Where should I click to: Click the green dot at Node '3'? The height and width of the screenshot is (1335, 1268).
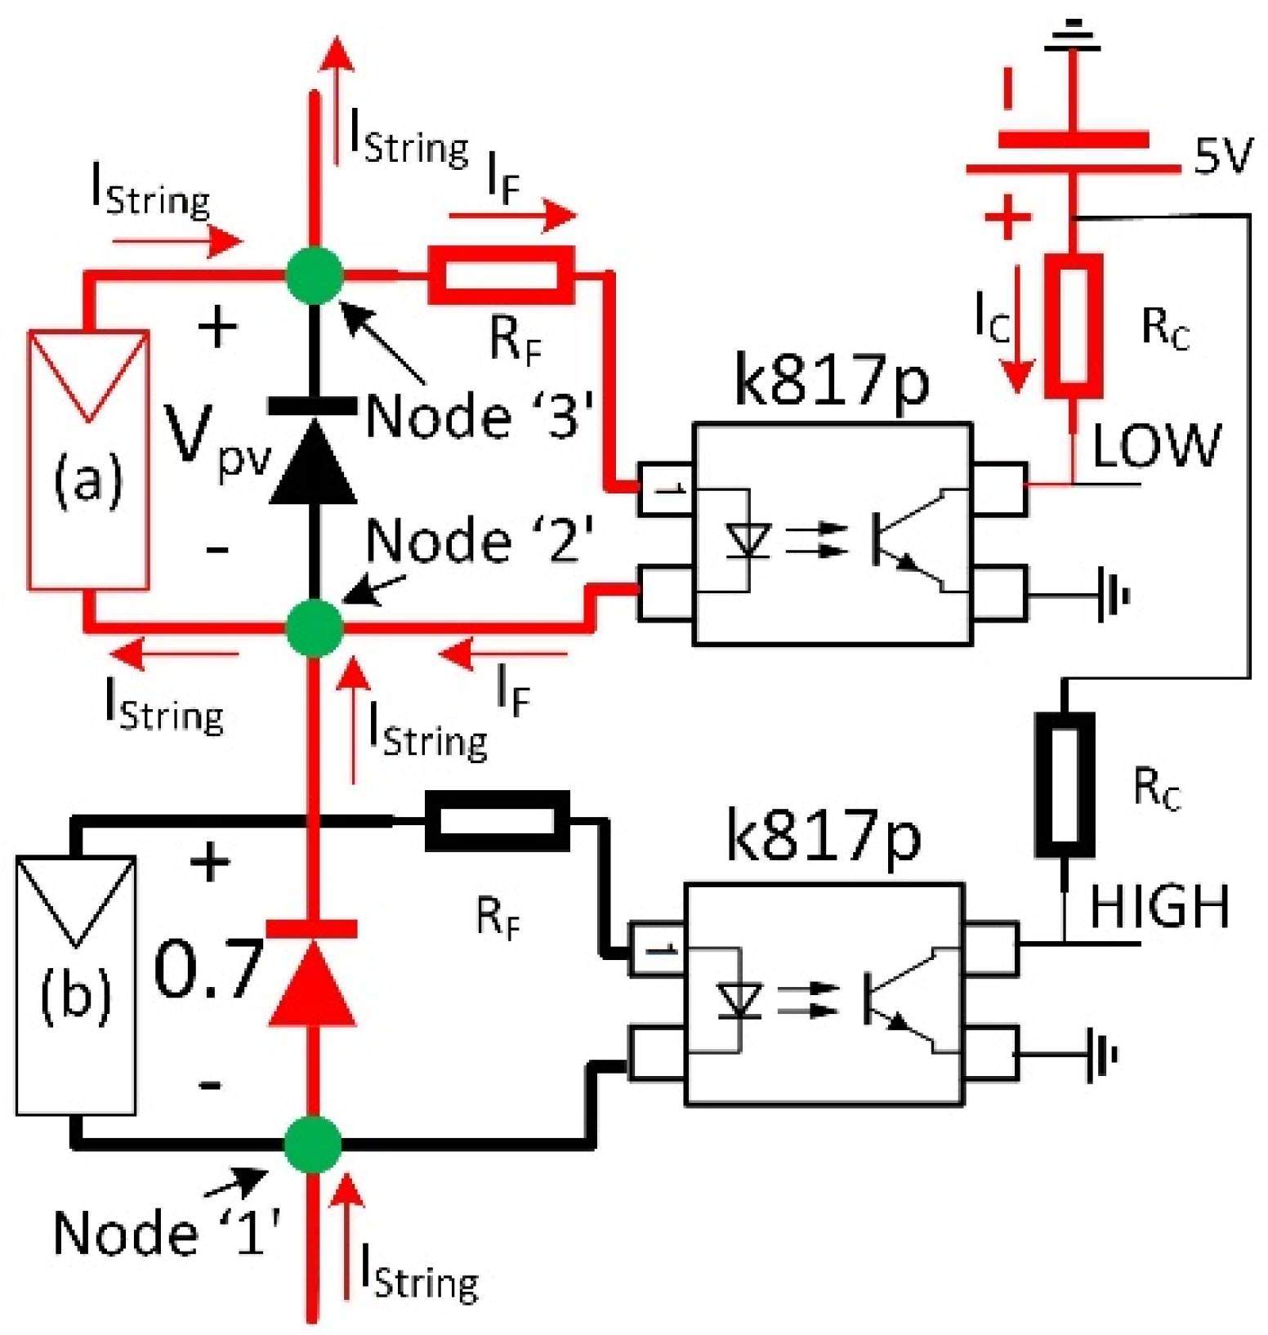pos(315,275)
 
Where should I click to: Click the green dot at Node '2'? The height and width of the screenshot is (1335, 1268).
pos(315,627)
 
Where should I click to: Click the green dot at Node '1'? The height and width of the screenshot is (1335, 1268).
pos(313,1144)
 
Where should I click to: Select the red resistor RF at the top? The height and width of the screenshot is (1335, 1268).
pos(501,275)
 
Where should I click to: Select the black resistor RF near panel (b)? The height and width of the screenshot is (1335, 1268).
pos(497,820)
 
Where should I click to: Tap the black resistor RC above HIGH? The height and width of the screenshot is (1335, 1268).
pos(1065,784)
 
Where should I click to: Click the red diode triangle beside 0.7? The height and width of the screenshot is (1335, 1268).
pos(312,983)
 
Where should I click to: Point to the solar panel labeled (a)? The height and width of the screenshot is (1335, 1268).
pos(88,460)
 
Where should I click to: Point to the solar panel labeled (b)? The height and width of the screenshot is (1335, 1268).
pos(76,985)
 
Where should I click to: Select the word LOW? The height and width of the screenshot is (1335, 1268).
pos(1155,446)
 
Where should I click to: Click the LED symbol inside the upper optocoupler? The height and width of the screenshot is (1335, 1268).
pos(748,541)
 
